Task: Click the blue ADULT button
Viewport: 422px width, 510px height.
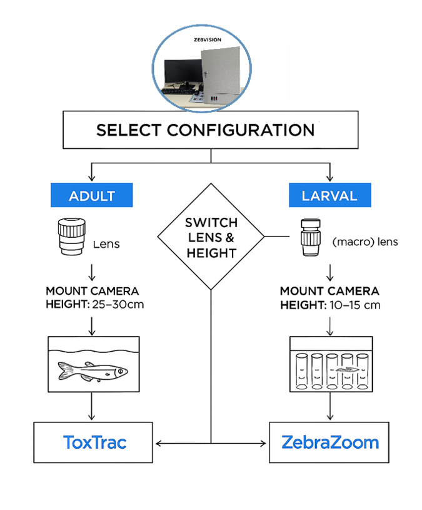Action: pos(91,196)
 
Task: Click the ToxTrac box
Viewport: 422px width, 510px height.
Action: pos(94,443)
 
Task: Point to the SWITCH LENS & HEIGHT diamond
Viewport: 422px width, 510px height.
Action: pos(211,237)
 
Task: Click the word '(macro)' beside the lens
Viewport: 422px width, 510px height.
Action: pos(347,241)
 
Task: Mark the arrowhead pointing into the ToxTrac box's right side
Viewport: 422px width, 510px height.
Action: pos(157,444)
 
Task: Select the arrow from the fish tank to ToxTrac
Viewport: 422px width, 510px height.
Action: pos(93,407)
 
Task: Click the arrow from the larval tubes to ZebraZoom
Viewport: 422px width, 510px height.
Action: pos(330,407)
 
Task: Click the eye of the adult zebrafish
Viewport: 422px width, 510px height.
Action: pos(118,372)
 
